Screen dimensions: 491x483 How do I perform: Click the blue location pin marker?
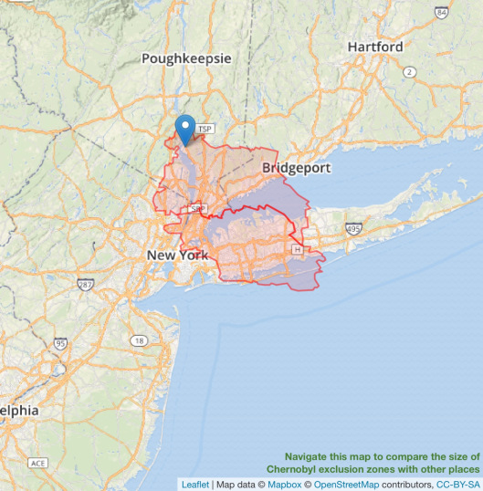click(x=186, y=130)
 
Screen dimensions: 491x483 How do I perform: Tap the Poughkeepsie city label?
click(x=186, y=58)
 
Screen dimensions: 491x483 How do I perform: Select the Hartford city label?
click(x=375, y=47)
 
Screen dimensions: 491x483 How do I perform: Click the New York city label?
click(x=177, y=256)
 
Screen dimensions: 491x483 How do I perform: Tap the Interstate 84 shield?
click(x=442, y=13)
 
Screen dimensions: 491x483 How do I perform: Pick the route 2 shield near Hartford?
click(x=410, y=72)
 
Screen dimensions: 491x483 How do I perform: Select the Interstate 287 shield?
click(x=85, y=286)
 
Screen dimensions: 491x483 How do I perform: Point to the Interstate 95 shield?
click(x=60, y=344)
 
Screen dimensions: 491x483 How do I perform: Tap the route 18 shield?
click(x=139, y=340)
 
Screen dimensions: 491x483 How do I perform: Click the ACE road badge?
click(x=37, y=464)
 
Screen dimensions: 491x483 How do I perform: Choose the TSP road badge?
click(x=205, y=130)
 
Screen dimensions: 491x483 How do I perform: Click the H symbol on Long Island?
click(x=296, y=249)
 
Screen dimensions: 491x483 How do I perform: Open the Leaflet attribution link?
click(x=194, y=484)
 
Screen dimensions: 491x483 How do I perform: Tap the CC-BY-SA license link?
click(x=457, y=484)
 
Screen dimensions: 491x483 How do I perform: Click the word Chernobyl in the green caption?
click(x=300, y=468)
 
